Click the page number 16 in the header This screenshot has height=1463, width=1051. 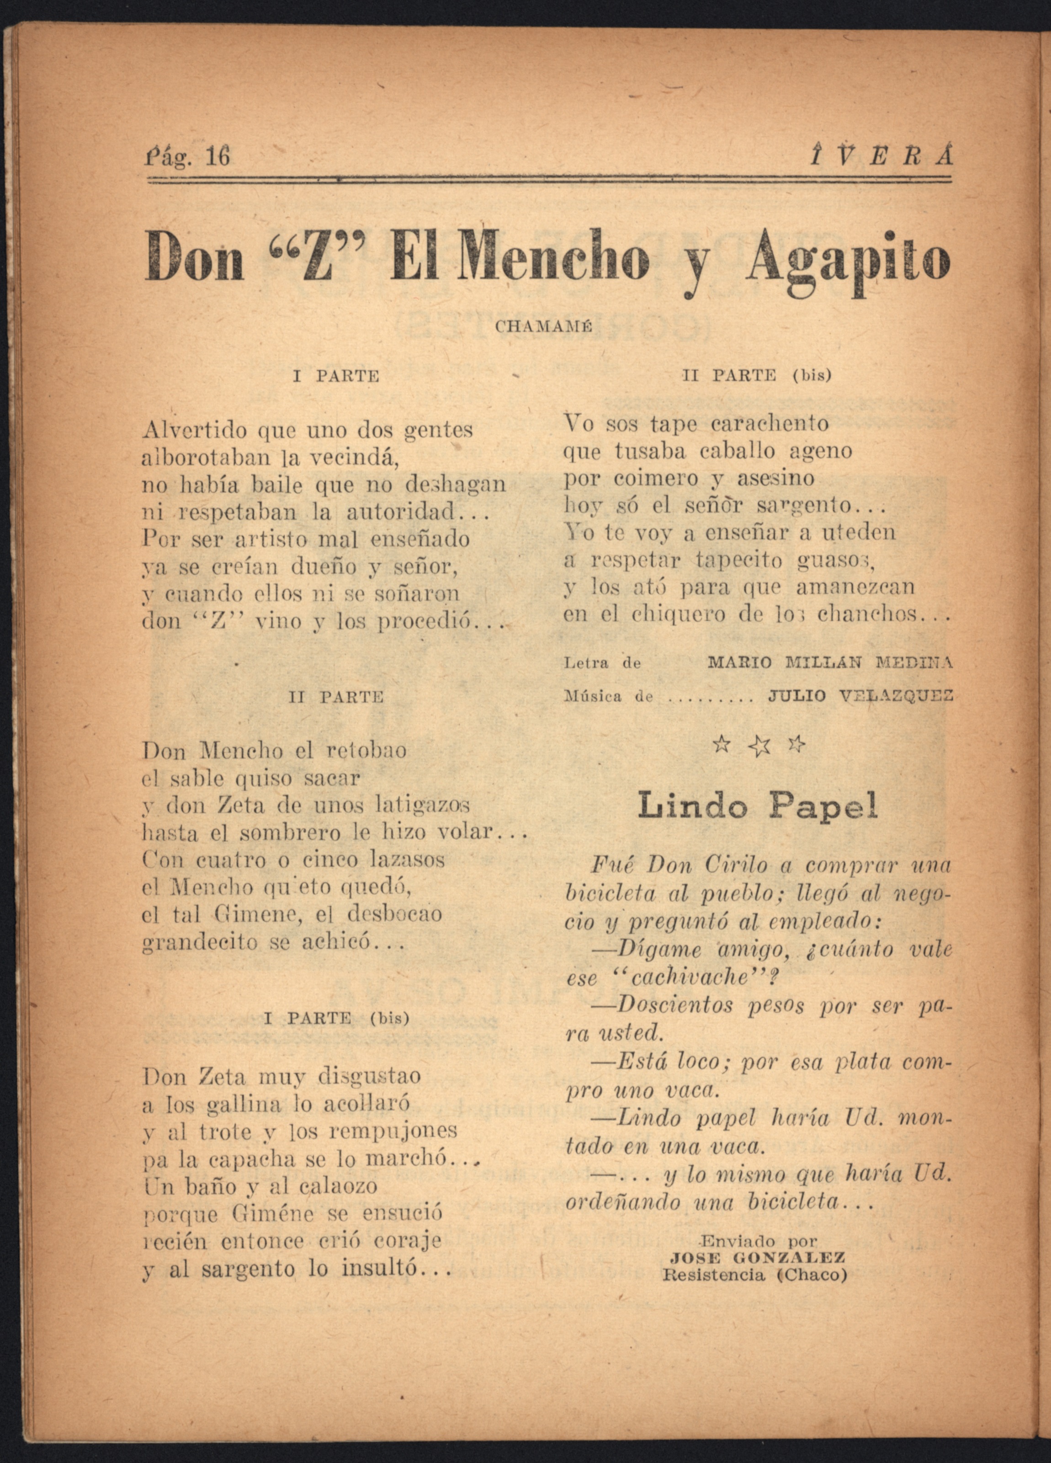pyautogui.click(x=216, y=157)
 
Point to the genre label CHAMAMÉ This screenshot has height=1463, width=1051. pyautogui.click(x=544, y=327)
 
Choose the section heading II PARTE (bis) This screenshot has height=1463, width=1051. pyautogui.click(x=756, y=375)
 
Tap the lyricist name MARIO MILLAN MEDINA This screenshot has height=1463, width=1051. pyautogui.click(x=829, y=662)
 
